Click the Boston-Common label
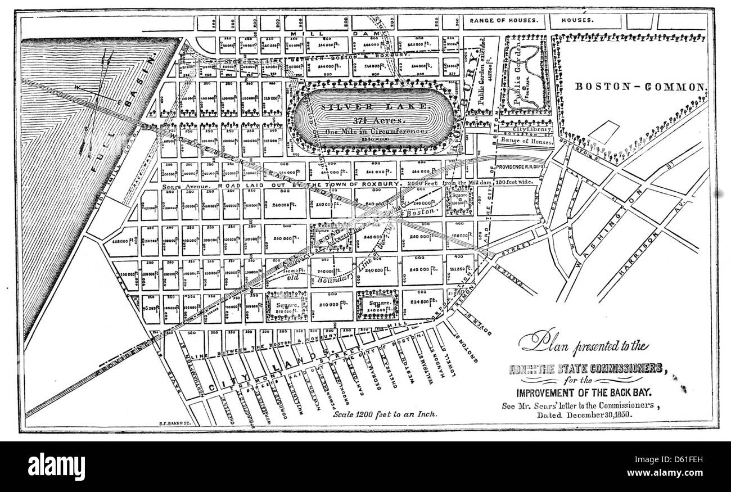639,87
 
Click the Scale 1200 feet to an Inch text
385,414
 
